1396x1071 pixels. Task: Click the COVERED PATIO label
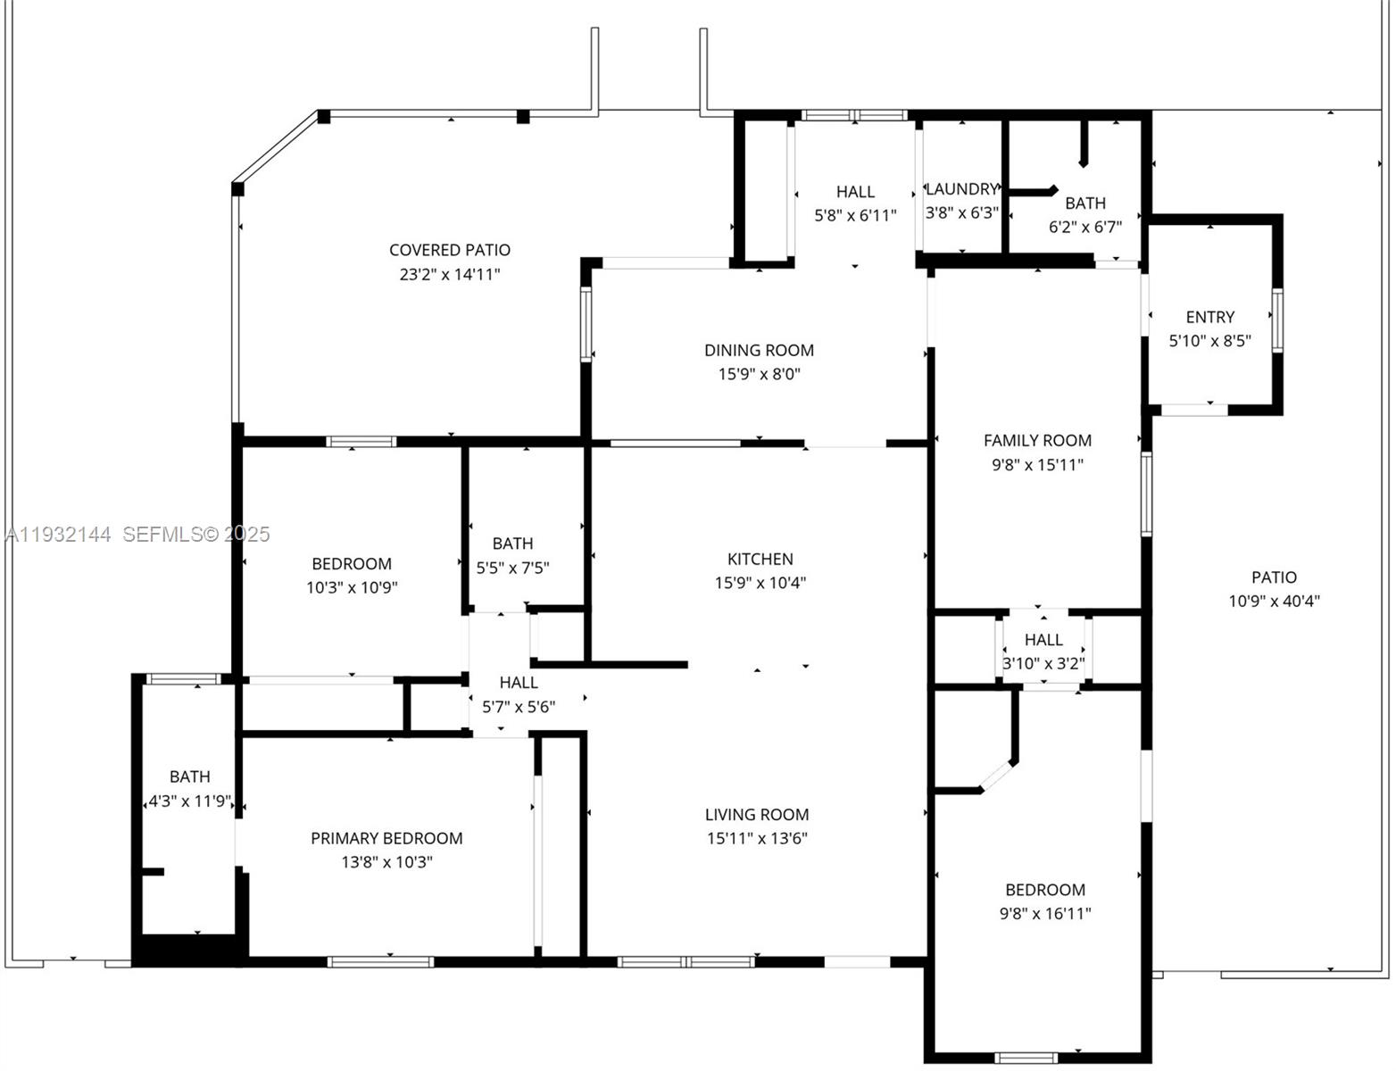coord(450,250)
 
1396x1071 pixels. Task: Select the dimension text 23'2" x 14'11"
coord(450,274)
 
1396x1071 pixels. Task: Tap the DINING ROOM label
coord(759,350)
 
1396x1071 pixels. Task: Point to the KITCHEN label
coord(760,559)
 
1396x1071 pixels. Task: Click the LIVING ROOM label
coord(757,814)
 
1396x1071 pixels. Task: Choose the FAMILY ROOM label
coord(1037,440)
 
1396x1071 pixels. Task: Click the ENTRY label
coord(1209,317)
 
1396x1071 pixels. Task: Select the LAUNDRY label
coord(961,189)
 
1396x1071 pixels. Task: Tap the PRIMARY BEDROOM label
coord(386,838)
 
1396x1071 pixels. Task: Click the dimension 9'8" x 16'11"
coord(1044,913)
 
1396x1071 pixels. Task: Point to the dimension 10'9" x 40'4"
coord(1274,601)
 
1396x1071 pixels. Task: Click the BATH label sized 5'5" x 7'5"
coord(512,544)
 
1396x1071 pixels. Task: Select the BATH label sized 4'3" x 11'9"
coord(190,776)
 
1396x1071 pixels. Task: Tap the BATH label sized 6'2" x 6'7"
coord(1084,203)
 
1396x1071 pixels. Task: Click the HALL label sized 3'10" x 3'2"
coord(1043,640)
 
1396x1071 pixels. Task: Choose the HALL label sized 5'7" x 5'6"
coord(519,683)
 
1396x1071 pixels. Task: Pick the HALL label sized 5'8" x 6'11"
coord(855,192)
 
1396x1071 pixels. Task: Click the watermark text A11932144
coord(59,535)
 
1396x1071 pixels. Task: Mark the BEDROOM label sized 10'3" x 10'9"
coord(352,564)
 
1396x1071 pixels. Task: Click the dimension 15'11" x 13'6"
coord(757,838)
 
